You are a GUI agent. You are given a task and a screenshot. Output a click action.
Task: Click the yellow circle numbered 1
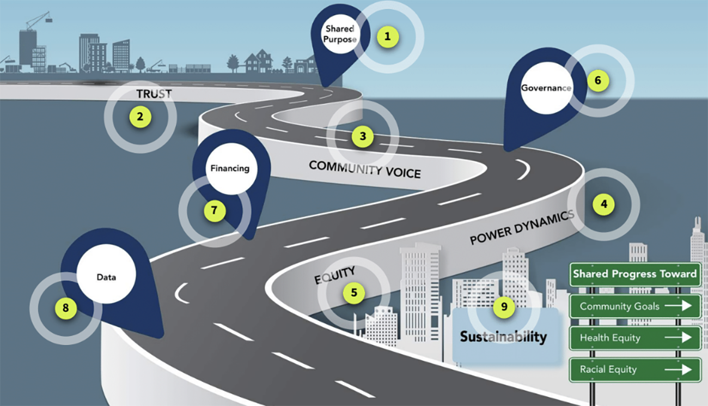pos(387,37)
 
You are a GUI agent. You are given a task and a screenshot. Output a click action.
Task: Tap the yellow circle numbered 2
pos(140,117)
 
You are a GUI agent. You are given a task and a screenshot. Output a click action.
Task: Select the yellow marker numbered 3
pos(362,136)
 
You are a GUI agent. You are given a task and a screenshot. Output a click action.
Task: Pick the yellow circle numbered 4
pos(603,205)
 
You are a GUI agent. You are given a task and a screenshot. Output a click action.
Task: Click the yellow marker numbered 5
pos(354,293)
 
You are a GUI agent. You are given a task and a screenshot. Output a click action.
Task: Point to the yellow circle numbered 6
pos(597,81)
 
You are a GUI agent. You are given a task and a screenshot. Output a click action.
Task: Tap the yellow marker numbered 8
pos(66,308)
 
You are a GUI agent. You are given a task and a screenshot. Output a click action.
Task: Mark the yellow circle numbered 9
pos(504,307)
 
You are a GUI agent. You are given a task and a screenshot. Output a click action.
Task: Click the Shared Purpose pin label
pos(340,34)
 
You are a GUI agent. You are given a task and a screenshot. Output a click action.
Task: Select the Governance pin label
pos(546,88)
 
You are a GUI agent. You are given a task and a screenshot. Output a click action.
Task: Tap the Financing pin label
pos(230,168)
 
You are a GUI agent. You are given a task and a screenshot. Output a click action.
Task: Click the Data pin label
pos(106,277)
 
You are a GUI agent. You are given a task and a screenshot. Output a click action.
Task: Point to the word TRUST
pos(154,94)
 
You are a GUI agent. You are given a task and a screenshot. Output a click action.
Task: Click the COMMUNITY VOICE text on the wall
pos(364,169)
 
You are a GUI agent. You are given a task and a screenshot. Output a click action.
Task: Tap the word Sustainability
pos(503,337)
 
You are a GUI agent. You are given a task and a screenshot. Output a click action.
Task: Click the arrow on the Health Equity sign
pos(679,338)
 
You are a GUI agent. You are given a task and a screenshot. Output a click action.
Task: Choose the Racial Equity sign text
pos(608,369)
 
